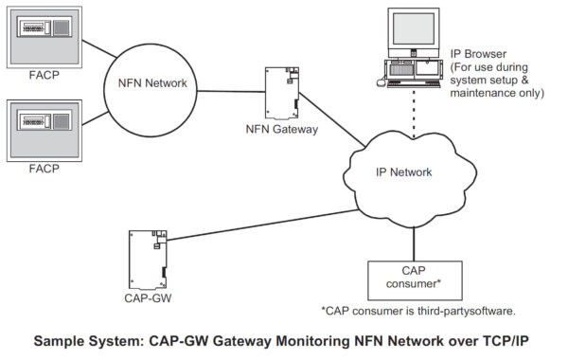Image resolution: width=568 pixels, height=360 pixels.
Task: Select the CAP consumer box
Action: pos(412,277)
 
